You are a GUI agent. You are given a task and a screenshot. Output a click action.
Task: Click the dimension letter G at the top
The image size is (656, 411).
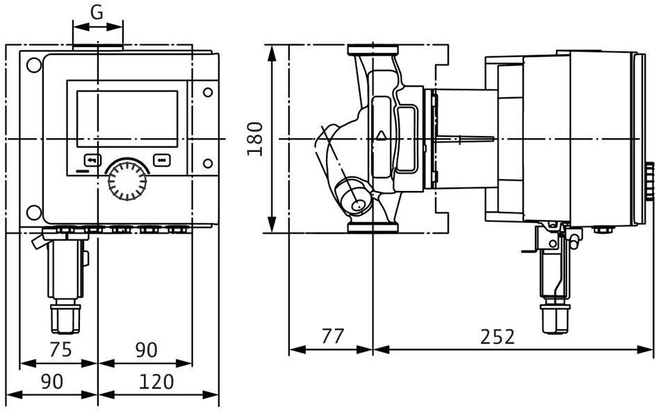[x=97, y=13]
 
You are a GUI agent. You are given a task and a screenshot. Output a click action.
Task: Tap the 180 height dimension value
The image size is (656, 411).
[x=254, y=139]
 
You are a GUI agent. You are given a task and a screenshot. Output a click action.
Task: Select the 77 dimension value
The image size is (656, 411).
[x=333, y=336]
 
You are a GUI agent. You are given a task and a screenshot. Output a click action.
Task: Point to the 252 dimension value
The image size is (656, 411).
[x=497, y=336]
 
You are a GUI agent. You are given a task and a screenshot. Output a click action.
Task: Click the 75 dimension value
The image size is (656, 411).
[x=60, y=349]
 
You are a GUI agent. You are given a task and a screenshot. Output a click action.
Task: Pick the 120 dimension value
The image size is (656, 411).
[x=156, y=381]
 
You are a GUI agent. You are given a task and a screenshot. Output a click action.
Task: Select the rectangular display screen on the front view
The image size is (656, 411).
[x=127, y=119]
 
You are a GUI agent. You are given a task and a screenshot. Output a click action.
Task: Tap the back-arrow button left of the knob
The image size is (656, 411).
[x=92, y=160]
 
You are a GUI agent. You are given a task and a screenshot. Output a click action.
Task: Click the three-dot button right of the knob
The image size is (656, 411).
[x=162, y=160]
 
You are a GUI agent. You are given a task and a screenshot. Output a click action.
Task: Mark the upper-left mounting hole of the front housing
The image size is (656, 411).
[x=34, y=65]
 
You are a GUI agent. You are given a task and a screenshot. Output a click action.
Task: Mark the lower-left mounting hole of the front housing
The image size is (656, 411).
[x=34, y=212]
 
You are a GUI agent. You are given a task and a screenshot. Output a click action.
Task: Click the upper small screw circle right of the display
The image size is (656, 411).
[x=208, y=92]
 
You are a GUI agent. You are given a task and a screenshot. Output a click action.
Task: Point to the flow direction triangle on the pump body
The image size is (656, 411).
[x=381, y=135]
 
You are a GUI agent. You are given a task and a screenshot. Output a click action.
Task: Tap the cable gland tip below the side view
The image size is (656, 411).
[x=555, y=319]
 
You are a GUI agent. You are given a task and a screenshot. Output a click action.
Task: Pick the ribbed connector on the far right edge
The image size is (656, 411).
[x=649, y=176]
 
